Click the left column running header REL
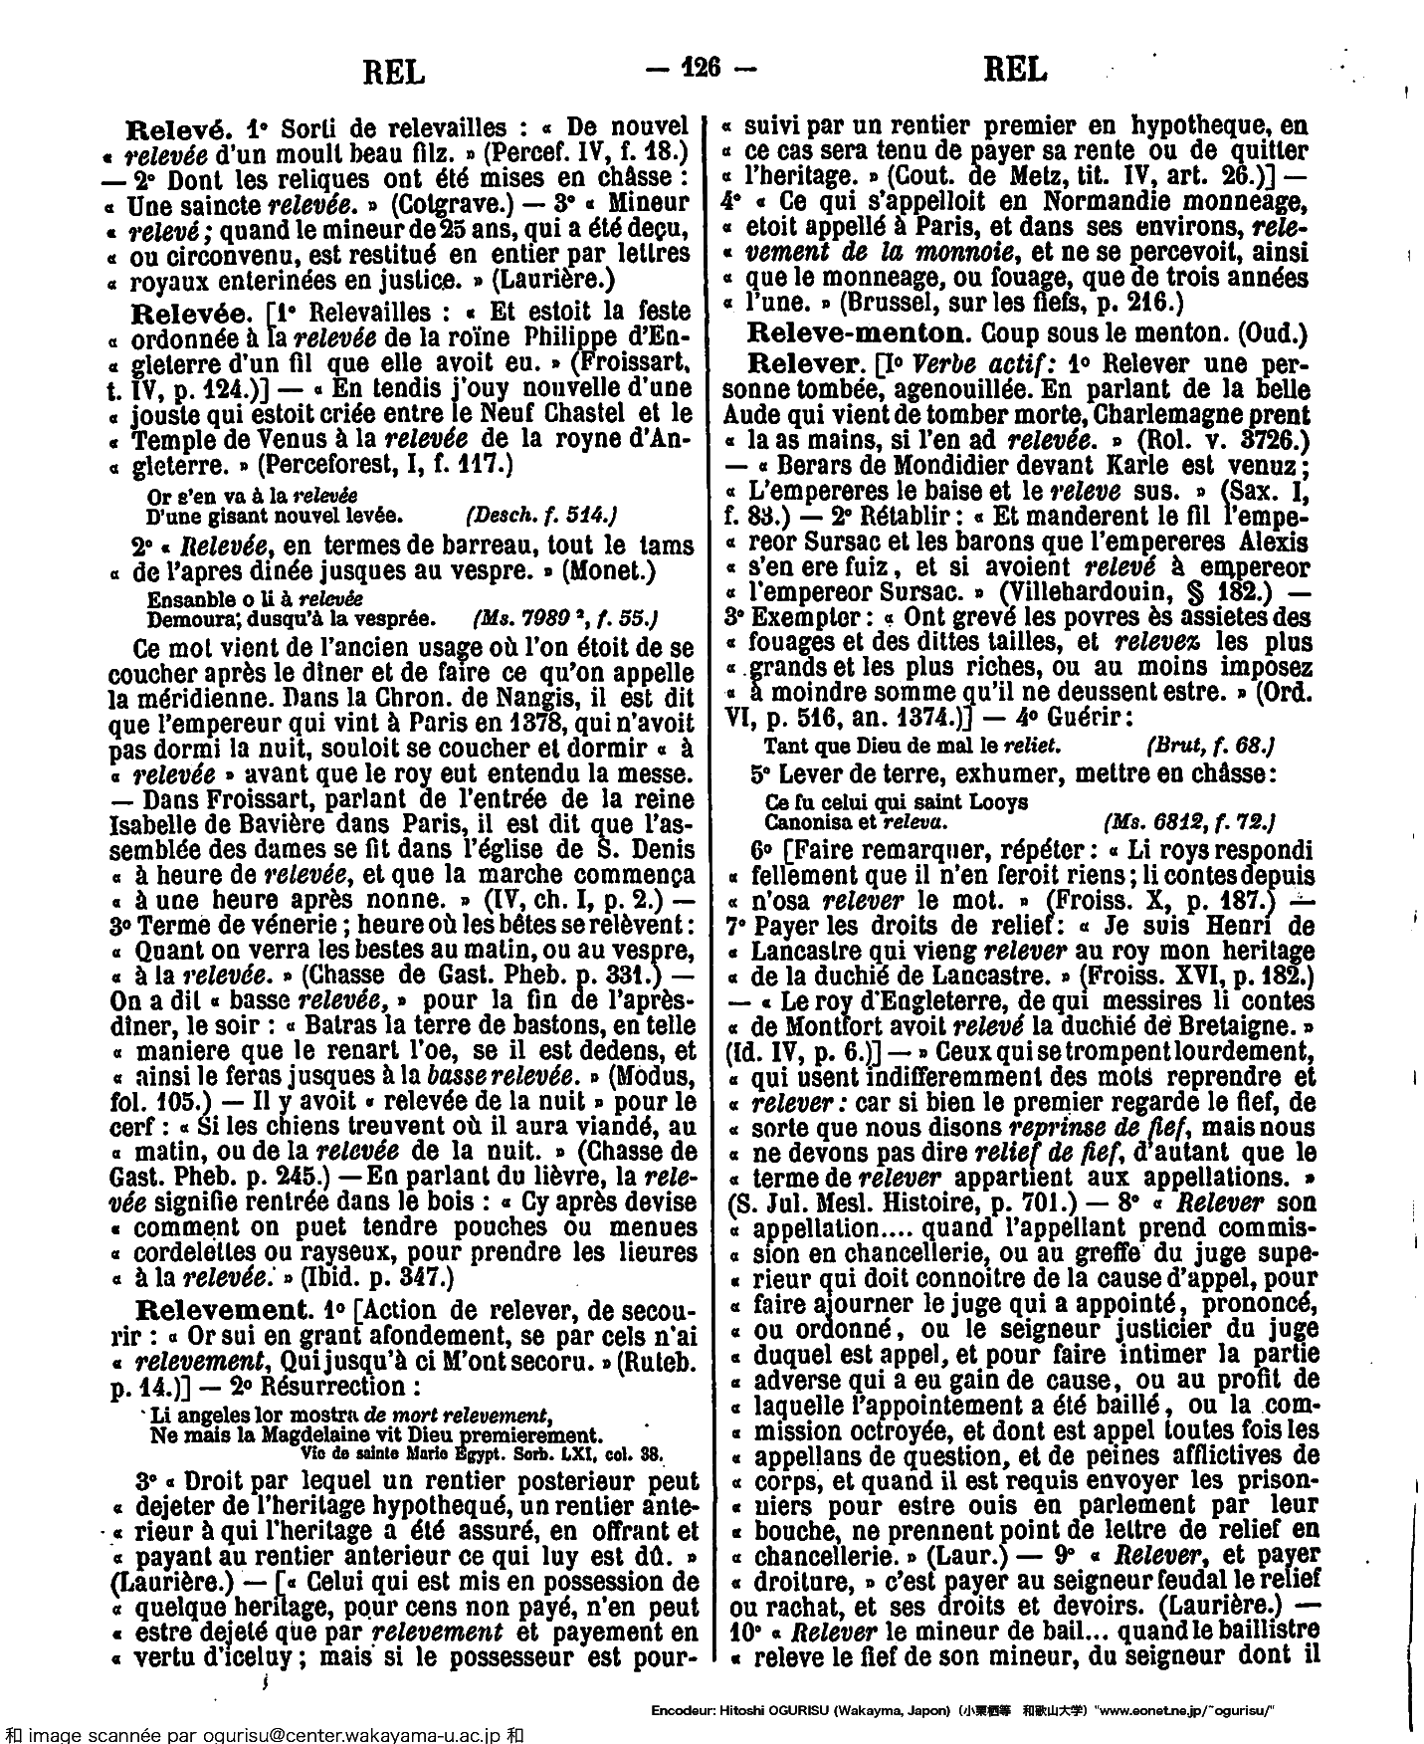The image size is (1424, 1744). [x=394, y=71]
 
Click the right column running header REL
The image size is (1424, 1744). [x=1014, y=71]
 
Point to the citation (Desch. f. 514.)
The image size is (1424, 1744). [x=542, y=515]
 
